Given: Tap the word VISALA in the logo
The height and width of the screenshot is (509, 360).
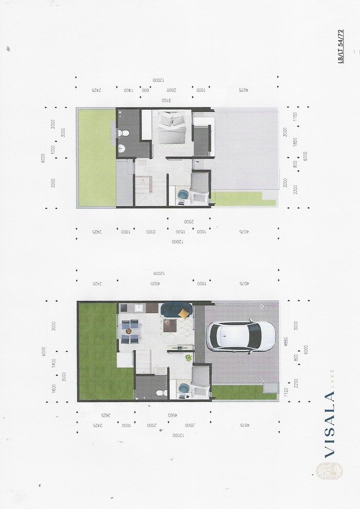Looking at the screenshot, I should click(x=329, y=425).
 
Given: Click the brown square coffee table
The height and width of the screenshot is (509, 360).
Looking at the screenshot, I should click(x=170, y=326).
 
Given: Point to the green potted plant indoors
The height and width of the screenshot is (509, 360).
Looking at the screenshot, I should click(x=189, y=357).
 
